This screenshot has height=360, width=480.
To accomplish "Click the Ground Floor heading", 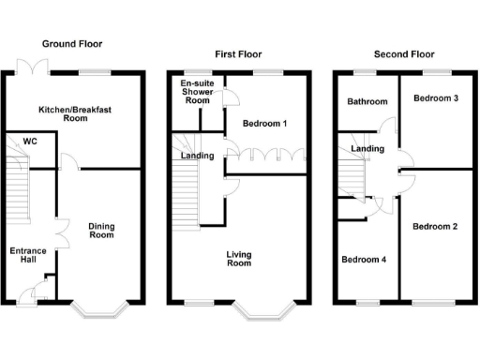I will coord(72,44).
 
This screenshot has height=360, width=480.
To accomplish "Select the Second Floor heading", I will coord(399,54).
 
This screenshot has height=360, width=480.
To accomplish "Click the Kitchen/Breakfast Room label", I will coord(74,114).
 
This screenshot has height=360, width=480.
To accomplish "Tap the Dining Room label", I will coord(101,230).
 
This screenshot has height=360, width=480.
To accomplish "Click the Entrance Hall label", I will coord(27,255).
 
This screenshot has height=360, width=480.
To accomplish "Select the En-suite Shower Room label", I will coord(197,94).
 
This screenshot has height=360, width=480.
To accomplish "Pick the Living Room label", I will coord(239,258).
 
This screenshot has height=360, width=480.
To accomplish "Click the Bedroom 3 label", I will coord(435,98).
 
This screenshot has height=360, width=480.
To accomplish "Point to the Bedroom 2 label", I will coord(435,226).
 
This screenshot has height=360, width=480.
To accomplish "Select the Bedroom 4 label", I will coord(364,260).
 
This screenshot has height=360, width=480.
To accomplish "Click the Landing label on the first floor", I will coord(197,156).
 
